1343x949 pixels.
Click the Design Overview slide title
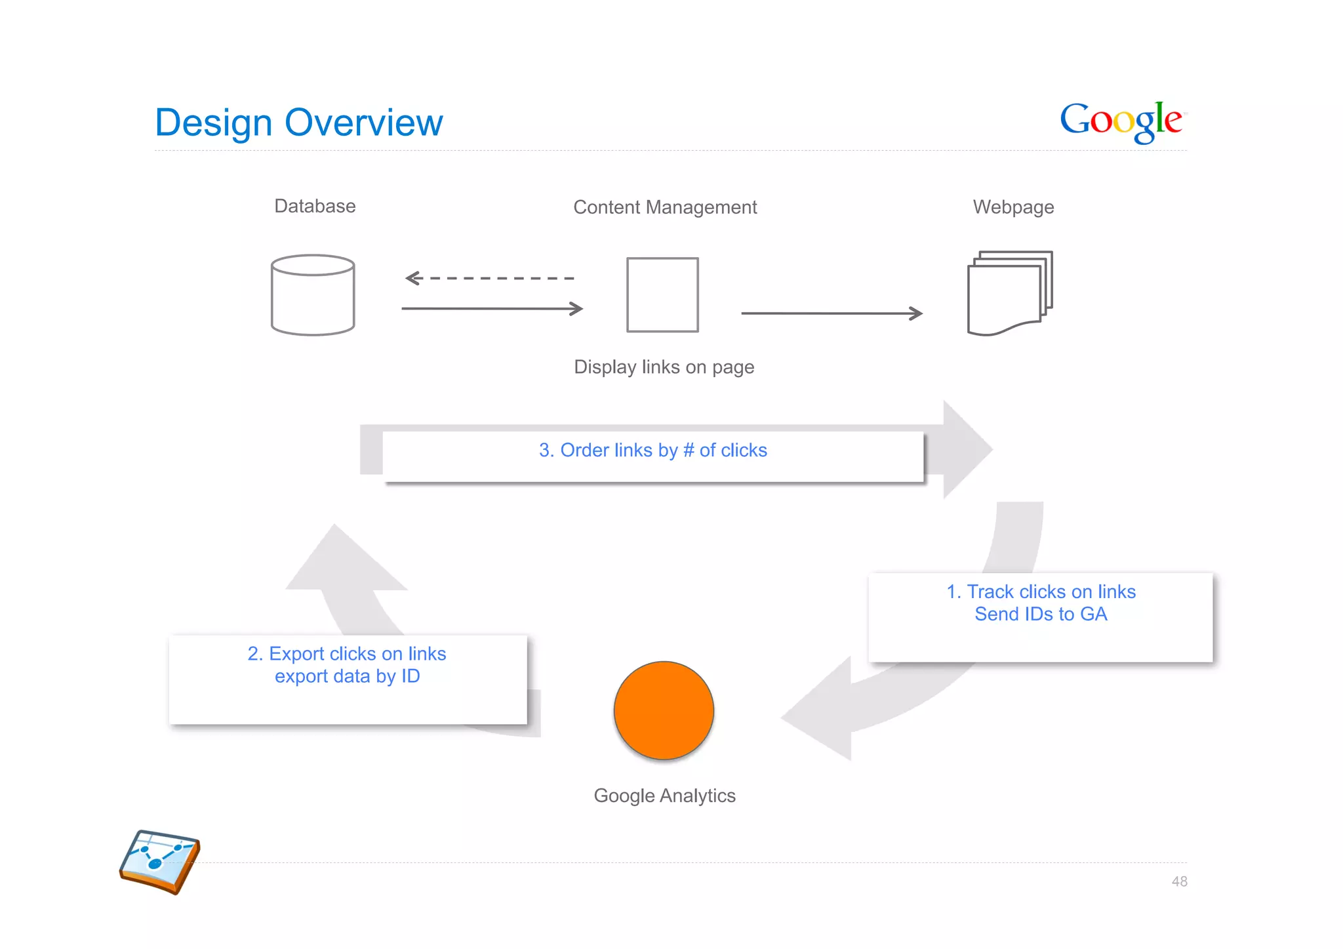click(x=299, y=123)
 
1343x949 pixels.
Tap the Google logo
click(x=1123, y=121)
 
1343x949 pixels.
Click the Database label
click(x=315, y=206)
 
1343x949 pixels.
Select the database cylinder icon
click(x=313, y=295)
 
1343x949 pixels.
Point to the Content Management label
click(x=665, y=207)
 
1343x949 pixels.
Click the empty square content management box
click(x=662, y=295)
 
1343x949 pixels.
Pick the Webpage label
click(x=1013, y=207)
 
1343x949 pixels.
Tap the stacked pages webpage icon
click(x=1009, y=293)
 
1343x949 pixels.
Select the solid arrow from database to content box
click(x=492, y=308)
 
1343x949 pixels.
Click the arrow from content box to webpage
click(x=832, y=313)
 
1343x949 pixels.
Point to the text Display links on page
click(x=664, y=367)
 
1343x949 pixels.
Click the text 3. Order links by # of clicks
click(x=652, y=450)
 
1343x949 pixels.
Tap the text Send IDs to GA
click(x=1041, y=614)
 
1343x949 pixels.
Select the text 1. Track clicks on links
click(x=1041, y=592)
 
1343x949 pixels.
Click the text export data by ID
click(x=347, y=676)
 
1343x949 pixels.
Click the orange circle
click(x=664, y=710)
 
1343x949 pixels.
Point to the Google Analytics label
click(x=664, y=796)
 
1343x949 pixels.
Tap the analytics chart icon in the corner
click(x=159, y=861)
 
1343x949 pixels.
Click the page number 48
click(x=1179, y=881)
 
